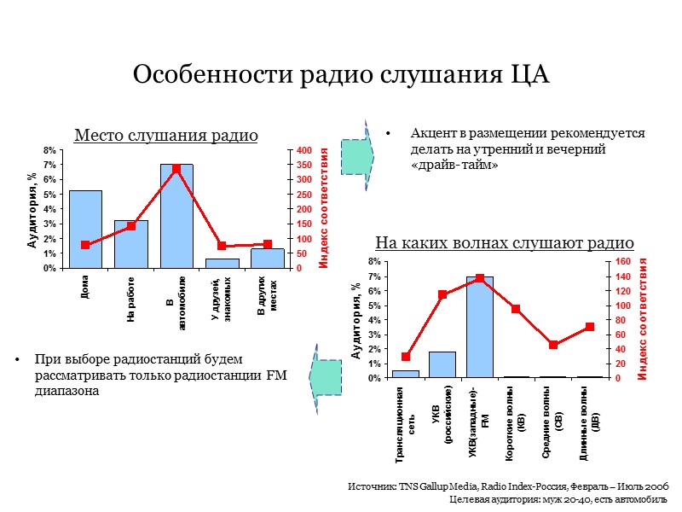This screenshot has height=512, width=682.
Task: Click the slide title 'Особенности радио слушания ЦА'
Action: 341,74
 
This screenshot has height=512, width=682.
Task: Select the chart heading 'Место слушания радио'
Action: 166,135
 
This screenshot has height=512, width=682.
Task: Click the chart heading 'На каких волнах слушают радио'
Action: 505,242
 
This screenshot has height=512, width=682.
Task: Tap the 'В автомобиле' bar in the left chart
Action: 176,218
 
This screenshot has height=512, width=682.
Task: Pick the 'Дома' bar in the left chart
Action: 85,230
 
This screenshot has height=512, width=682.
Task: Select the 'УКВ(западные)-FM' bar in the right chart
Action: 479,328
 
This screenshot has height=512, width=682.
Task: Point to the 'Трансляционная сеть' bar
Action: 406,374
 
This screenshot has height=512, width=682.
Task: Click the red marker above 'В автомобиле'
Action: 176,168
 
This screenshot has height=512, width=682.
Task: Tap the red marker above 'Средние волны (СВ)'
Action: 553,345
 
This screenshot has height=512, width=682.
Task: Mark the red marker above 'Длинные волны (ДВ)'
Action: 590,327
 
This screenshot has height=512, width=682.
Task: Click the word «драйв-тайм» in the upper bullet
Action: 454,165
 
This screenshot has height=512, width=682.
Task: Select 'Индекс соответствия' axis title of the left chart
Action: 325,209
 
